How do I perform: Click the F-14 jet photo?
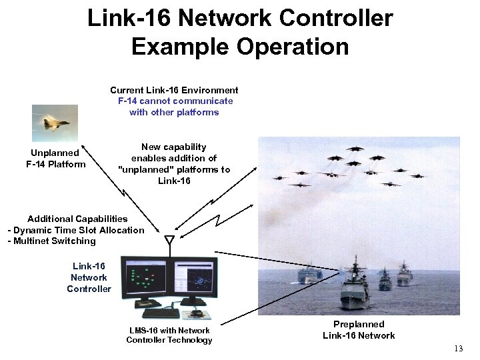tap(55, 123)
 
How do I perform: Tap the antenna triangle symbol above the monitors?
tap(169, 239)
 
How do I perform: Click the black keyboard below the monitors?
tap(161, 313)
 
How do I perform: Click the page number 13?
tap(458, 349)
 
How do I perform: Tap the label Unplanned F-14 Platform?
tap(55, 159)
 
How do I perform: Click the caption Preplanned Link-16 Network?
tap(359, 330)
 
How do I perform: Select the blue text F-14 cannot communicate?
tap(175, 101)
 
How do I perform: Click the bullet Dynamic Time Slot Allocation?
tap(77, 230)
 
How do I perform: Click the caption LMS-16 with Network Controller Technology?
tap(169, 335)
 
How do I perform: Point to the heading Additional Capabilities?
tap(77, 219)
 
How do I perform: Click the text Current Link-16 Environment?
tap(174, 90)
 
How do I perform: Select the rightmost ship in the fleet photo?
tap(405, 274)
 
